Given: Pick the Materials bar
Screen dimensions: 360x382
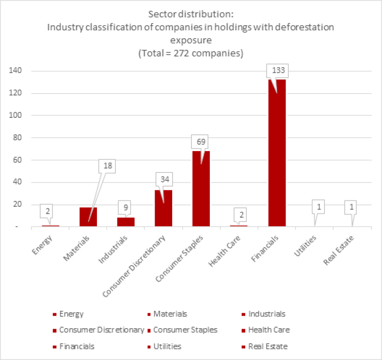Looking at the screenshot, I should point(88,217).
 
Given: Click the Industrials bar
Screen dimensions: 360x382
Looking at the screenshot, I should point(126,222).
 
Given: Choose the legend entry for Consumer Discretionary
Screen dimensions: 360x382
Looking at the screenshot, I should point(101,330).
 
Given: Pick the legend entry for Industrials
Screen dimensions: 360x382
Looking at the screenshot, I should point(267,314).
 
